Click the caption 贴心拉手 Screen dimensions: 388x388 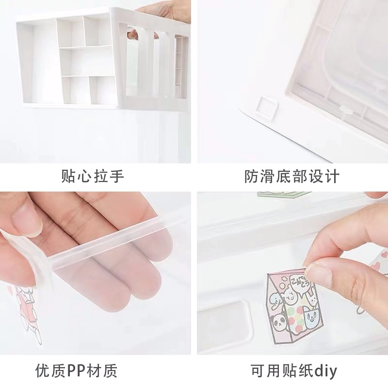click(92, 176)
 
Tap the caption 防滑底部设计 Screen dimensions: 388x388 click(291, 176)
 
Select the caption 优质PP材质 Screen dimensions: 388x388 click(76, 371)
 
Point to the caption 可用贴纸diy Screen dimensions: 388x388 click(294, 371)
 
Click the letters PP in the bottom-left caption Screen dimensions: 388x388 click(76, 371)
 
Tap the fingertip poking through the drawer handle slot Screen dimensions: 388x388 click(133, 34)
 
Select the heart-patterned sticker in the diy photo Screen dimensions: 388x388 click(379, 261)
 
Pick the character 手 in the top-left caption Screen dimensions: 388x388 click(116, 176)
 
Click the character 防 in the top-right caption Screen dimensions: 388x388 click(252, 176)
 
